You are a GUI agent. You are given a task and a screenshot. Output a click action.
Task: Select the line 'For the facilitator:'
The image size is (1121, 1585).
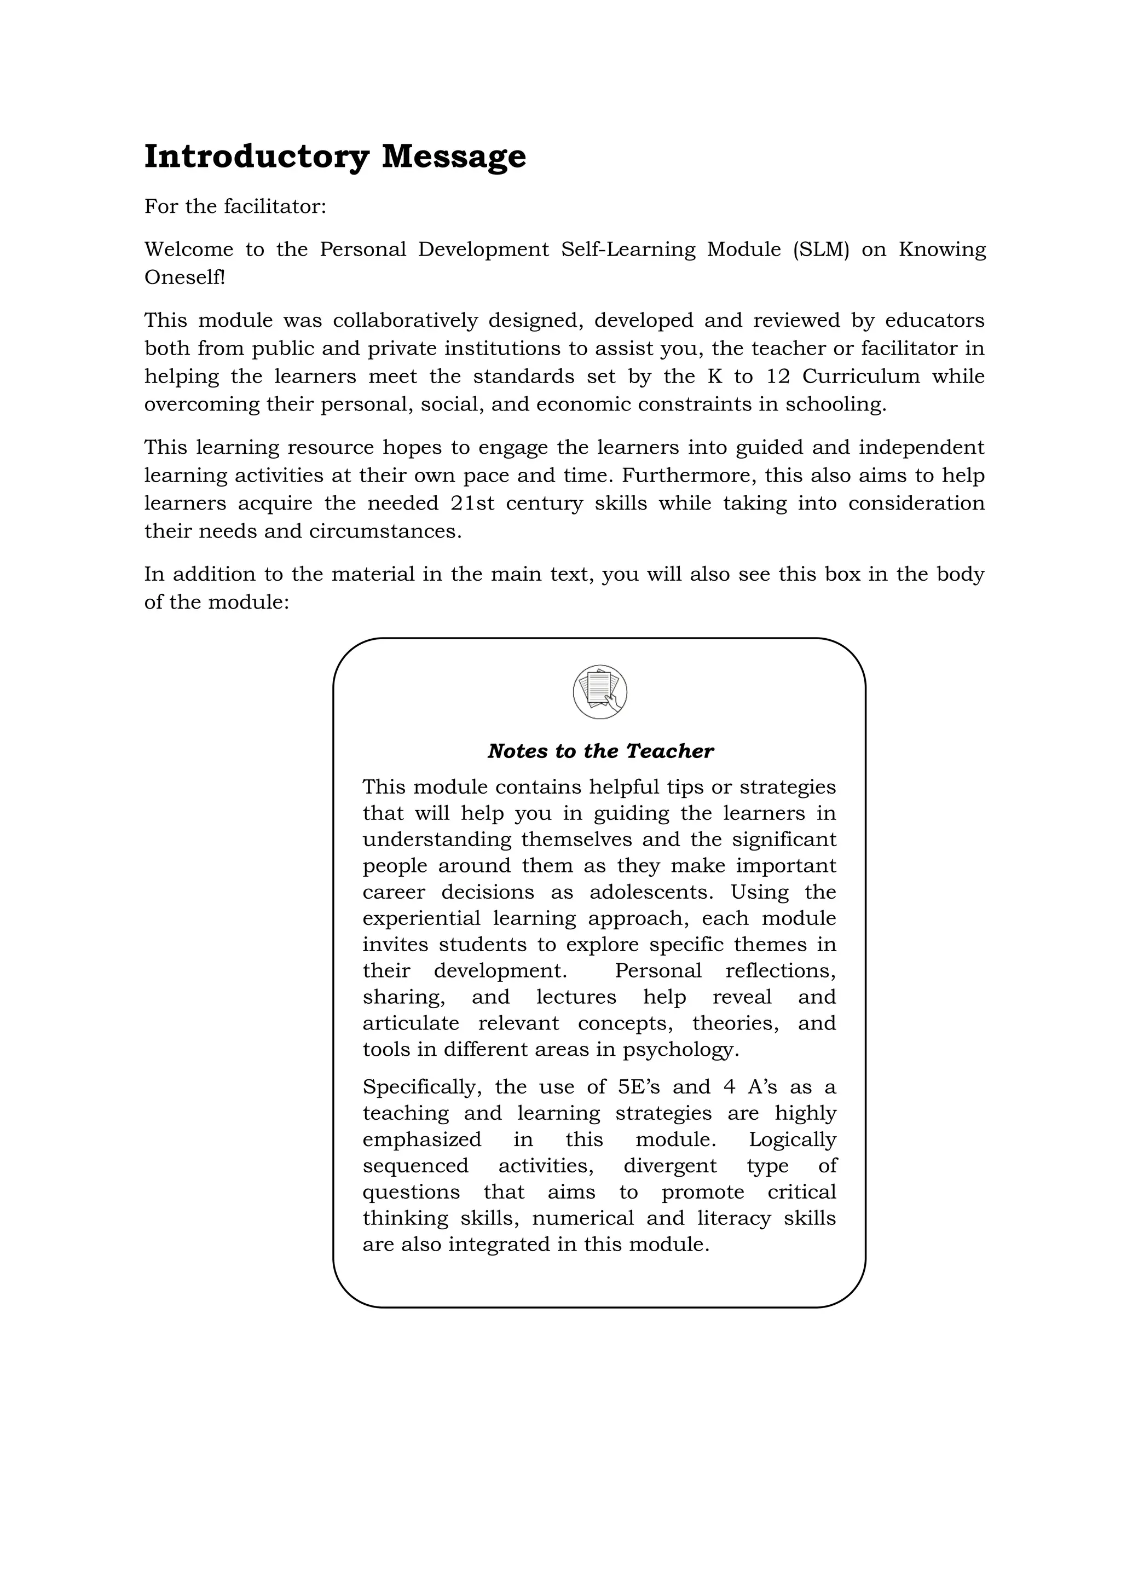[235, 206]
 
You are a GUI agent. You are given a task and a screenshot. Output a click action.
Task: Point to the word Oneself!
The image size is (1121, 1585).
[184, 277]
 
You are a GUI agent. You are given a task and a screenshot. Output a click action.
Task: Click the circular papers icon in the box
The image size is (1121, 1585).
[600, 692]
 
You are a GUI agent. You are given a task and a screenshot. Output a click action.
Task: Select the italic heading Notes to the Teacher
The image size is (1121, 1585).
[600, 751]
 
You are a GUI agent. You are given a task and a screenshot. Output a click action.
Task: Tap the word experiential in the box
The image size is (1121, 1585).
[421, 918]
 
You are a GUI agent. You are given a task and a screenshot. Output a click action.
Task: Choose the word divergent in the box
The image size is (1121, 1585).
[669, 1166]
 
